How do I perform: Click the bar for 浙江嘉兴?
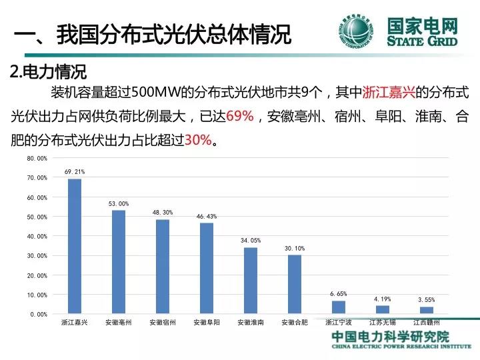pyautogui.click(x=75, y=246)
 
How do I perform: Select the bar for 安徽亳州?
pyautogui.click(x=119, y=262)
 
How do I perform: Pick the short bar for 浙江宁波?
pyautogui.click(x=339, y=307)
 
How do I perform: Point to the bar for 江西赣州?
pyautogui.click(x=427, y=310)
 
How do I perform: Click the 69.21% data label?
pyautogui.click(x=75, y=172)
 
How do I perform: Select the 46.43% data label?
pyautogui.click(x=207, y=217)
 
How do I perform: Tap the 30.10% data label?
pyautogui.click(x=295, y=249)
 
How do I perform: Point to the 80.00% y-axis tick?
pyautogui.click(x=37, y=158)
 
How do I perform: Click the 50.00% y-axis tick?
pyautogui.click(x=37, y=217)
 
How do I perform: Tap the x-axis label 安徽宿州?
pyautogui.click(x=163, y=323)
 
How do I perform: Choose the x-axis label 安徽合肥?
pyautogui.click(x=295, y=323)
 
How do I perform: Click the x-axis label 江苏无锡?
pyautogui.click(x=383, y=323)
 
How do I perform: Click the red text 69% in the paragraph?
pyautogui.click(x=240, y=116)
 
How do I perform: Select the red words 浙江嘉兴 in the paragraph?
pyautogui.click(x=389, y=92)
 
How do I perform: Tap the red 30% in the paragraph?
pyautogui.click(x=198, y=140)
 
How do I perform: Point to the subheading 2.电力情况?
pyautogui.click(x=49, y=71)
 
